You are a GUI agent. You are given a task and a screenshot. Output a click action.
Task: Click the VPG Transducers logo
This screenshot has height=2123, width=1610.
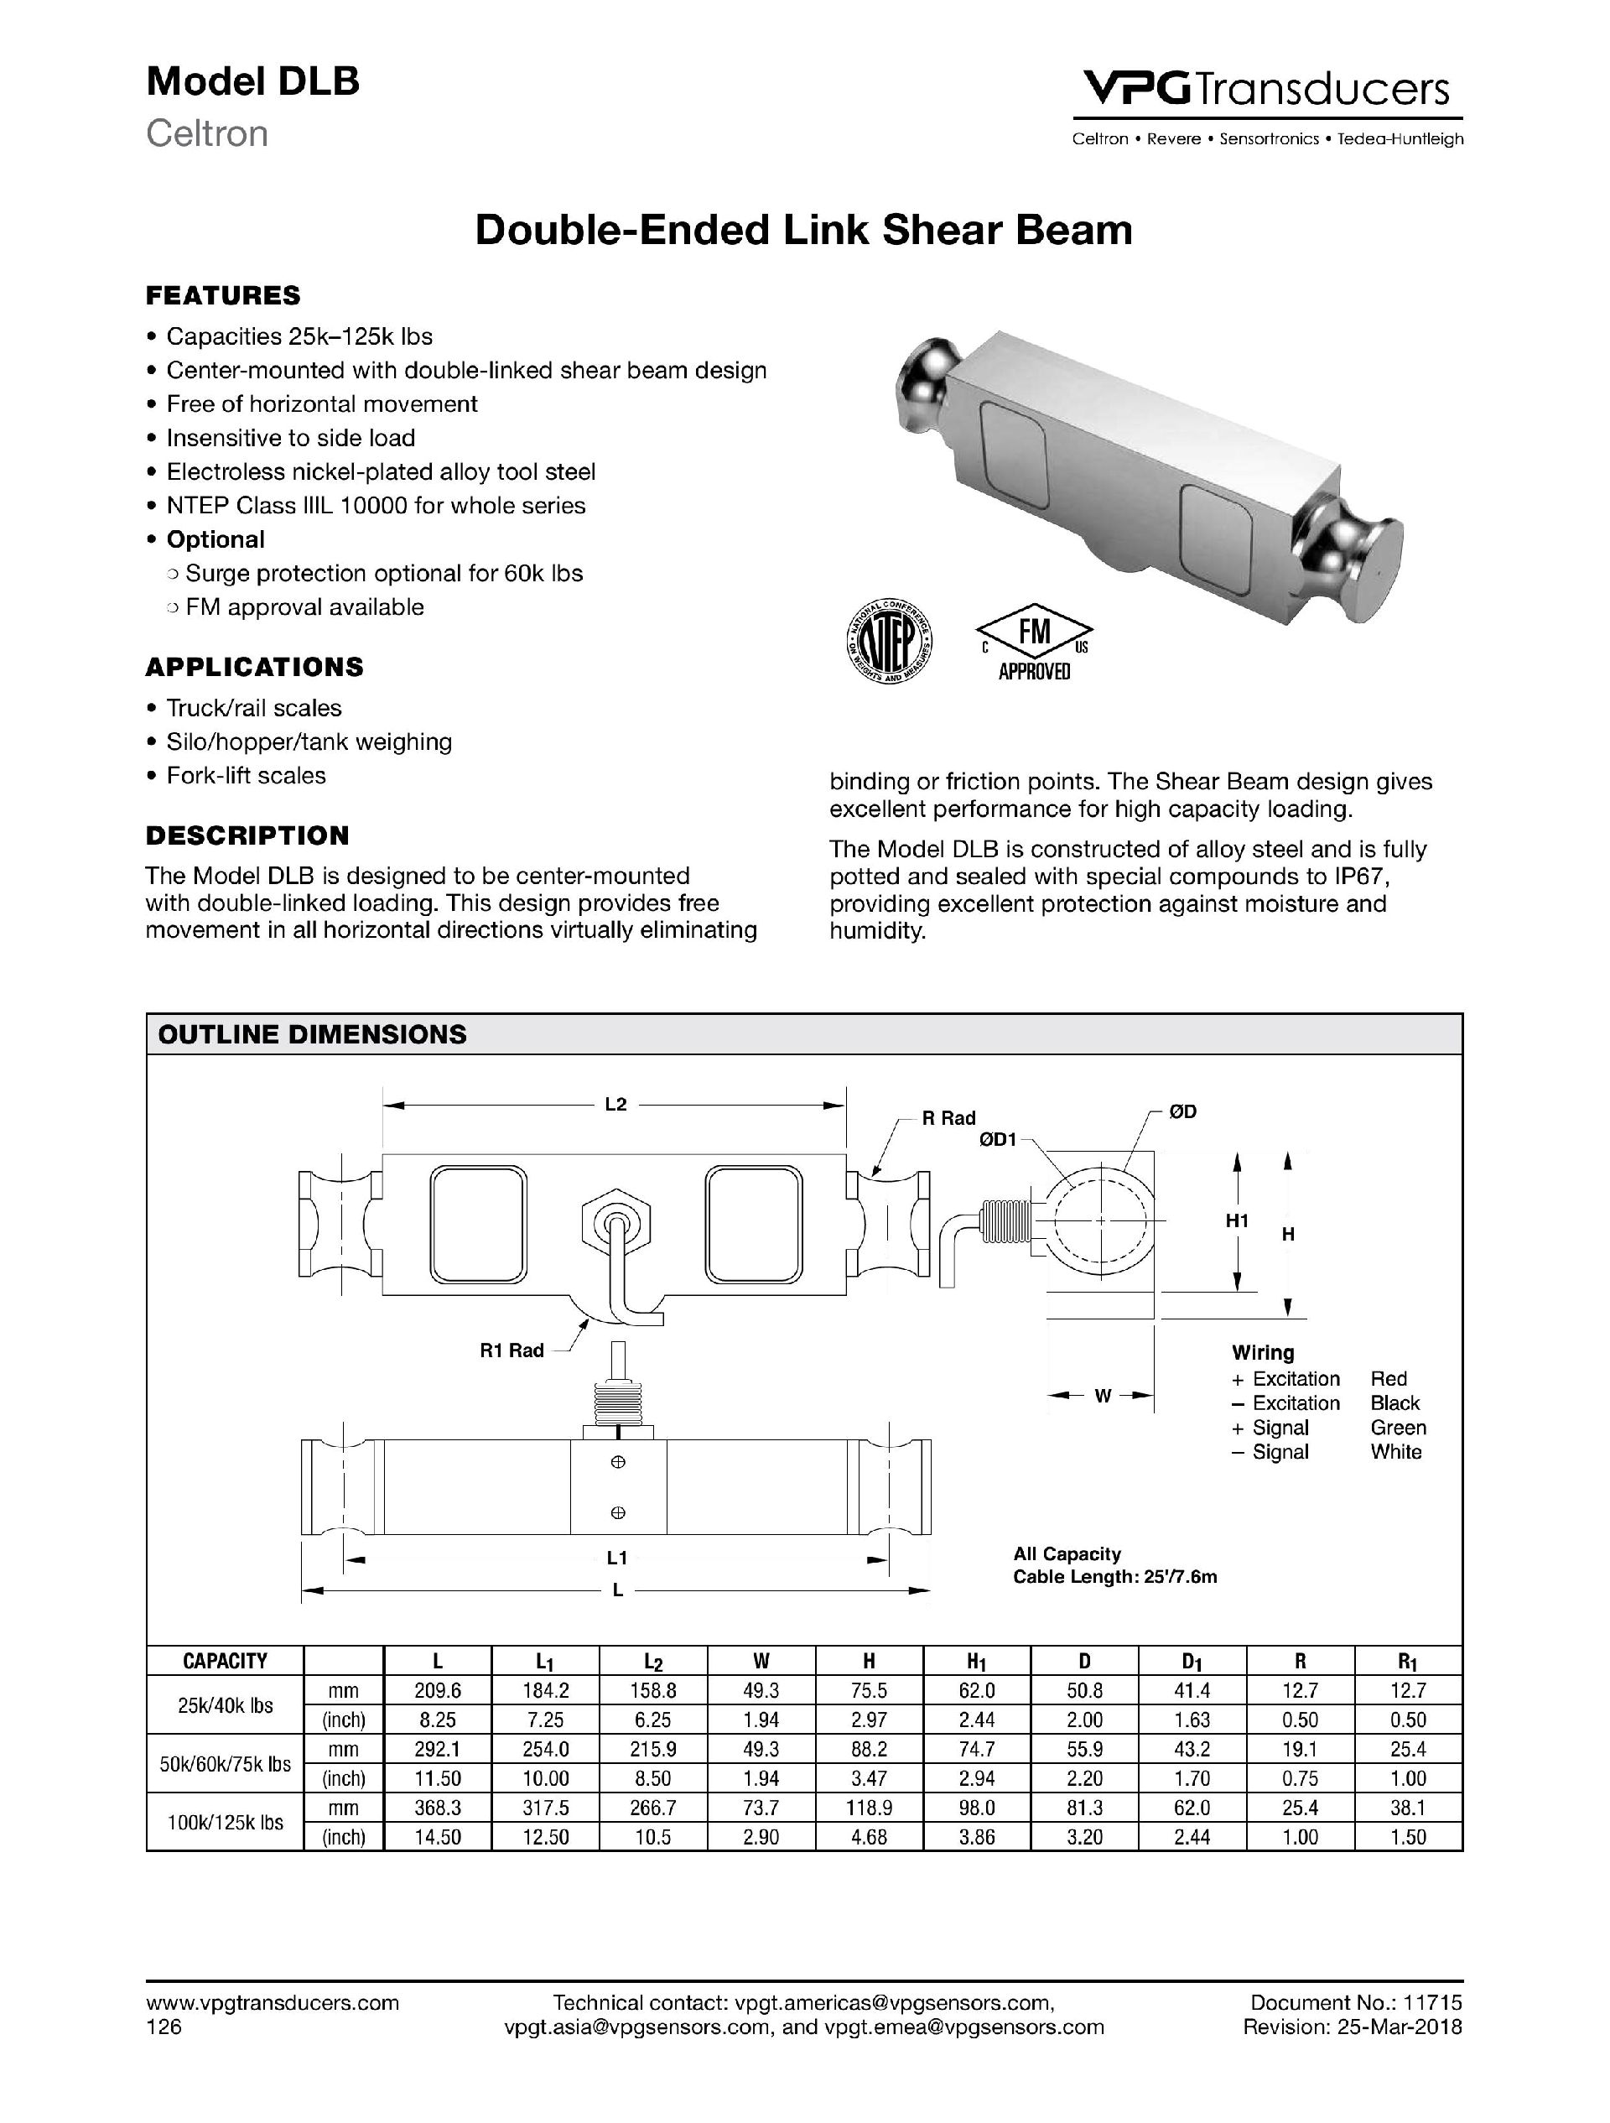pos(1266,89)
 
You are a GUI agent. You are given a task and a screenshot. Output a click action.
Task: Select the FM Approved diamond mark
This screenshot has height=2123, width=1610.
pos(1034,634)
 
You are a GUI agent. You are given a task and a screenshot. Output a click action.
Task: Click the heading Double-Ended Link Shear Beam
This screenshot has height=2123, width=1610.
pos(804,231)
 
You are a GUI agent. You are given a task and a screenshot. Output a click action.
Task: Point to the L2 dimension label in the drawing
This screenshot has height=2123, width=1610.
pos(615,1105)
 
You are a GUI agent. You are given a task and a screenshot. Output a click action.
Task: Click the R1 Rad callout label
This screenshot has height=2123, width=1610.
pos(512,1350)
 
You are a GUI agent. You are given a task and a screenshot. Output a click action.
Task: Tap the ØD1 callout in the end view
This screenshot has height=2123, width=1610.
pos(997,1140)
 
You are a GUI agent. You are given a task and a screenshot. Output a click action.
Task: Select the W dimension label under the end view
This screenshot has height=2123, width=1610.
pos(1103,1396)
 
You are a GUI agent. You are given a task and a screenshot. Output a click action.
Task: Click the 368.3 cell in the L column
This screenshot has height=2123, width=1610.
pos(437,1808)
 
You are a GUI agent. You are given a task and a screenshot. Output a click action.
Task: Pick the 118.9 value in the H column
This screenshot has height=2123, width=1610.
pos(870,1808)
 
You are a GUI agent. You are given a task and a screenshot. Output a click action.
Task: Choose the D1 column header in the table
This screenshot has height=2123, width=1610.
pos(1192,1662)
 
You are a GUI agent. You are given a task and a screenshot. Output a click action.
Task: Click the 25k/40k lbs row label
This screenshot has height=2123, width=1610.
pos(225,1705)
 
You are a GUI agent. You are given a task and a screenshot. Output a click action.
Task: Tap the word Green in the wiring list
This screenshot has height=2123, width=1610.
pos(1398,1428)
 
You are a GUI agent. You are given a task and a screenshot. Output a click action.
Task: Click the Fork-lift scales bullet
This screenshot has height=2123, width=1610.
pos(246,776)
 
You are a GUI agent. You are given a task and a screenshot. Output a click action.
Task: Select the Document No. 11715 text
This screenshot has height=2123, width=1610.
pos(1356,2003)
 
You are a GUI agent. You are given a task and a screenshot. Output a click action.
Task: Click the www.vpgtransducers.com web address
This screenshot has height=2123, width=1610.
pos(272,2003)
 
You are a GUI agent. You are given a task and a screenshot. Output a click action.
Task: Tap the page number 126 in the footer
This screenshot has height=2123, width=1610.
pos(164,2027)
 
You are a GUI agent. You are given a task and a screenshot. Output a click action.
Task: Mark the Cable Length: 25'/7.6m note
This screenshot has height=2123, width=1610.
pos(1115,1577)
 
